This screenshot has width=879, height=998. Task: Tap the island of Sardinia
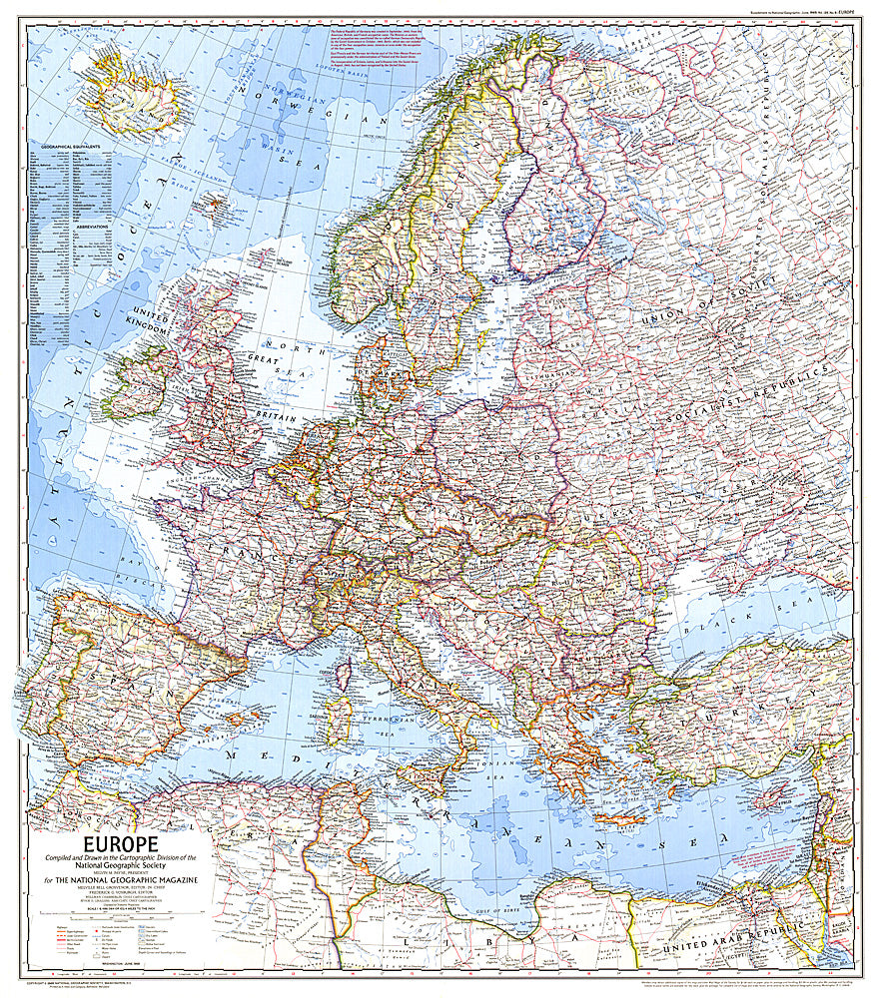coord(339,719)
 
